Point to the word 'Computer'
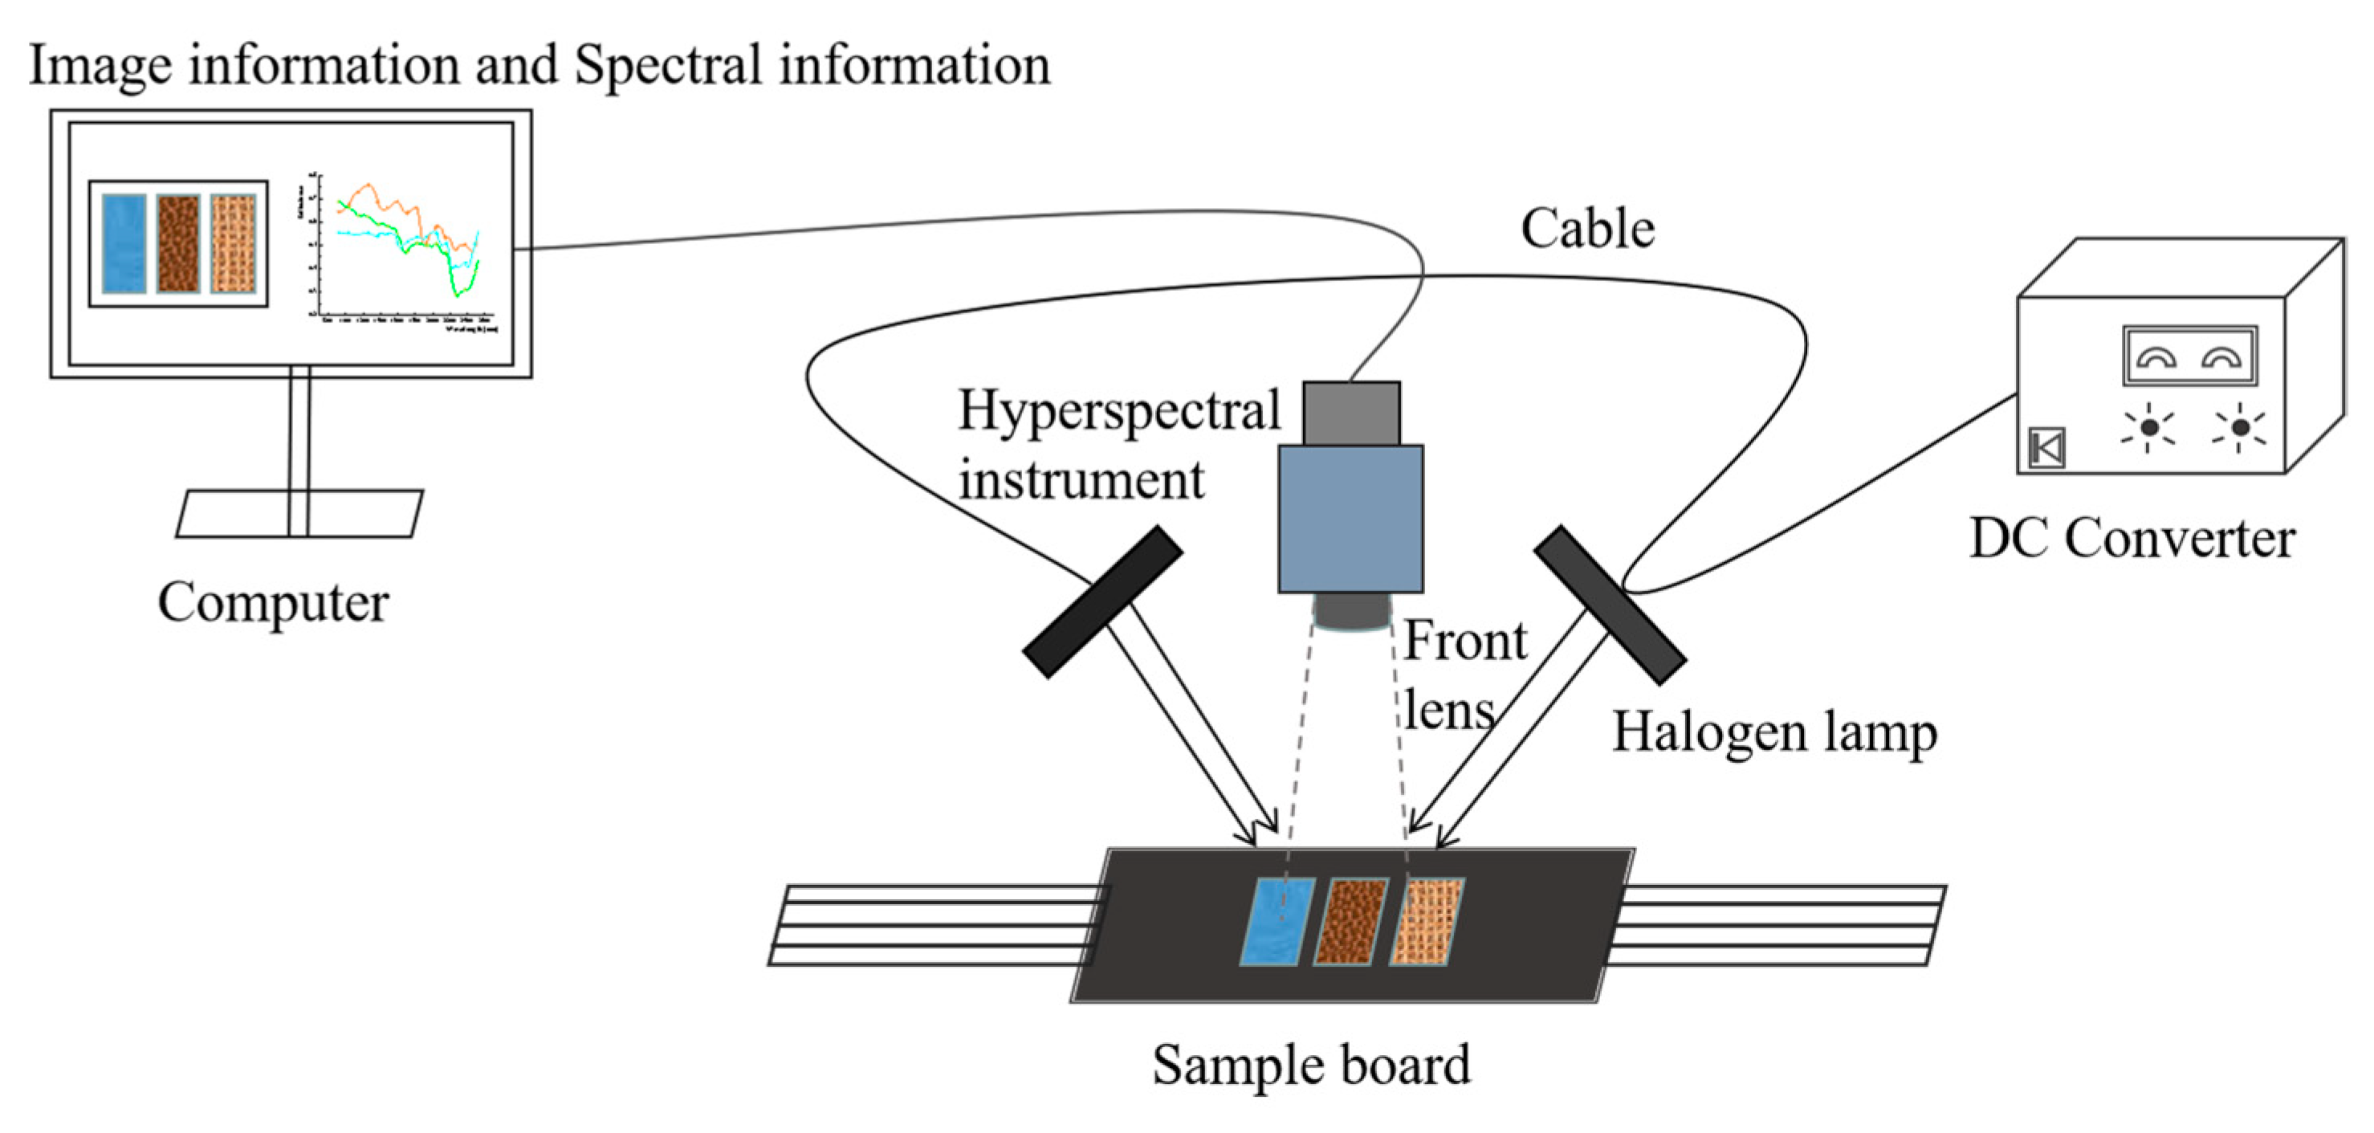pos(273,603)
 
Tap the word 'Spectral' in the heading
pos(668,67)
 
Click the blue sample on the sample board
pos(1277,922)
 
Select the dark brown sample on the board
pos(1350,922)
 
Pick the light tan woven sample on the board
pos(1426,922)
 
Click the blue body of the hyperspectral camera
pos(1350,518)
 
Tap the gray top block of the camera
pos(1351,413)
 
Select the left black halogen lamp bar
pos(1102,602)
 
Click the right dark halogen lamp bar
pos(1609,605)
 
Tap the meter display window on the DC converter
pos(2189,355)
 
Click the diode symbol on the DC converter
pos(2046,449)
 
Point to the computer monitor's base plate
pos(299,513)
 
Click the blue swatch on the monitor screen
pos(124,243)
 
